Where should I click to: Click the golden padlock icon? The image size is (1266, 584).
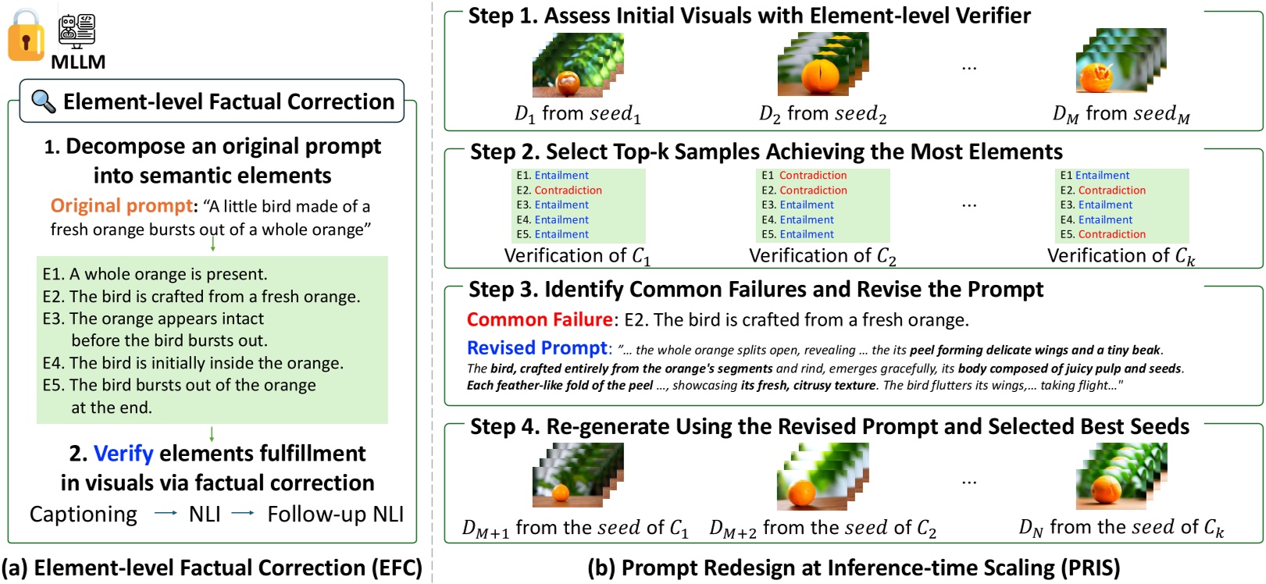tap(26, 37)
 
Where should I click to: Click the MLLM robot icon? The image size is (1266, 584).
tap(77, 30)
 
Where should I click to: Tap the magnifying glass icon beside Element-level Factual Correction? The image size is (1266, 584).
tap(43, 101)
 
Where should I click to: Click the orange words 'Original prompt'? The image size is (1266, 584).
tap(121, 206)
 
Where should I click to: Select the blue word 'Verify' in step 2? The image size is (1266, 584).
tap(123, 454)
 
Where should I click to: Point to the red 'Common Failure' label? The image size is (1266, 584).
tap(539, 319)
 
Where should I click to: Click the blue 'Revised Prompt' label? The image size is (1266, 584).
tap(537, 348)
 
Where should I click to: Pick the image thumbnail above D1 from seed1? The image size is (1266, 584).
tap(577, 66)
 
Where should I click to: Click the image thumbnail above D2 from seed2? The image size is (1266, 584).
tap(822, 64)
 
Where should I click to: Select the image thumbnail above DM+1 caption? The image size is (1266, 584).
tap(577, 475)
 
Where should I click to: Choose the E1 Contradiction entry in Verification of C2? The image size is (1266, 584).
tap(804, 176)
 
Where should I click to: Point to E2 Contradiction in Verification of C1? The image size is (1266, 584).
tap(559, 191)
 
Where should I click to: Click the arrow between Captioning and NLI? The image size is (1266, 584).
tap(165, 514)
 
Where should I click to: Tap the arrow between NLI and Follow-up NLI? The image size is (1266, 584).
tap(243, 514)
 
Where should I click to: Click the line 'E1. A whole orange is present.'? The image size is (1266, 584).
tap(155, 274)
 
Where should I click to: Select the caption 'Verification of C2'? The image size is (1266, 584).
tap(822, 256)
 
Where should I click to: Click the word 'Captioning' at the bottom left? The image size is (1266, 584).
tap(83, 515)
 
